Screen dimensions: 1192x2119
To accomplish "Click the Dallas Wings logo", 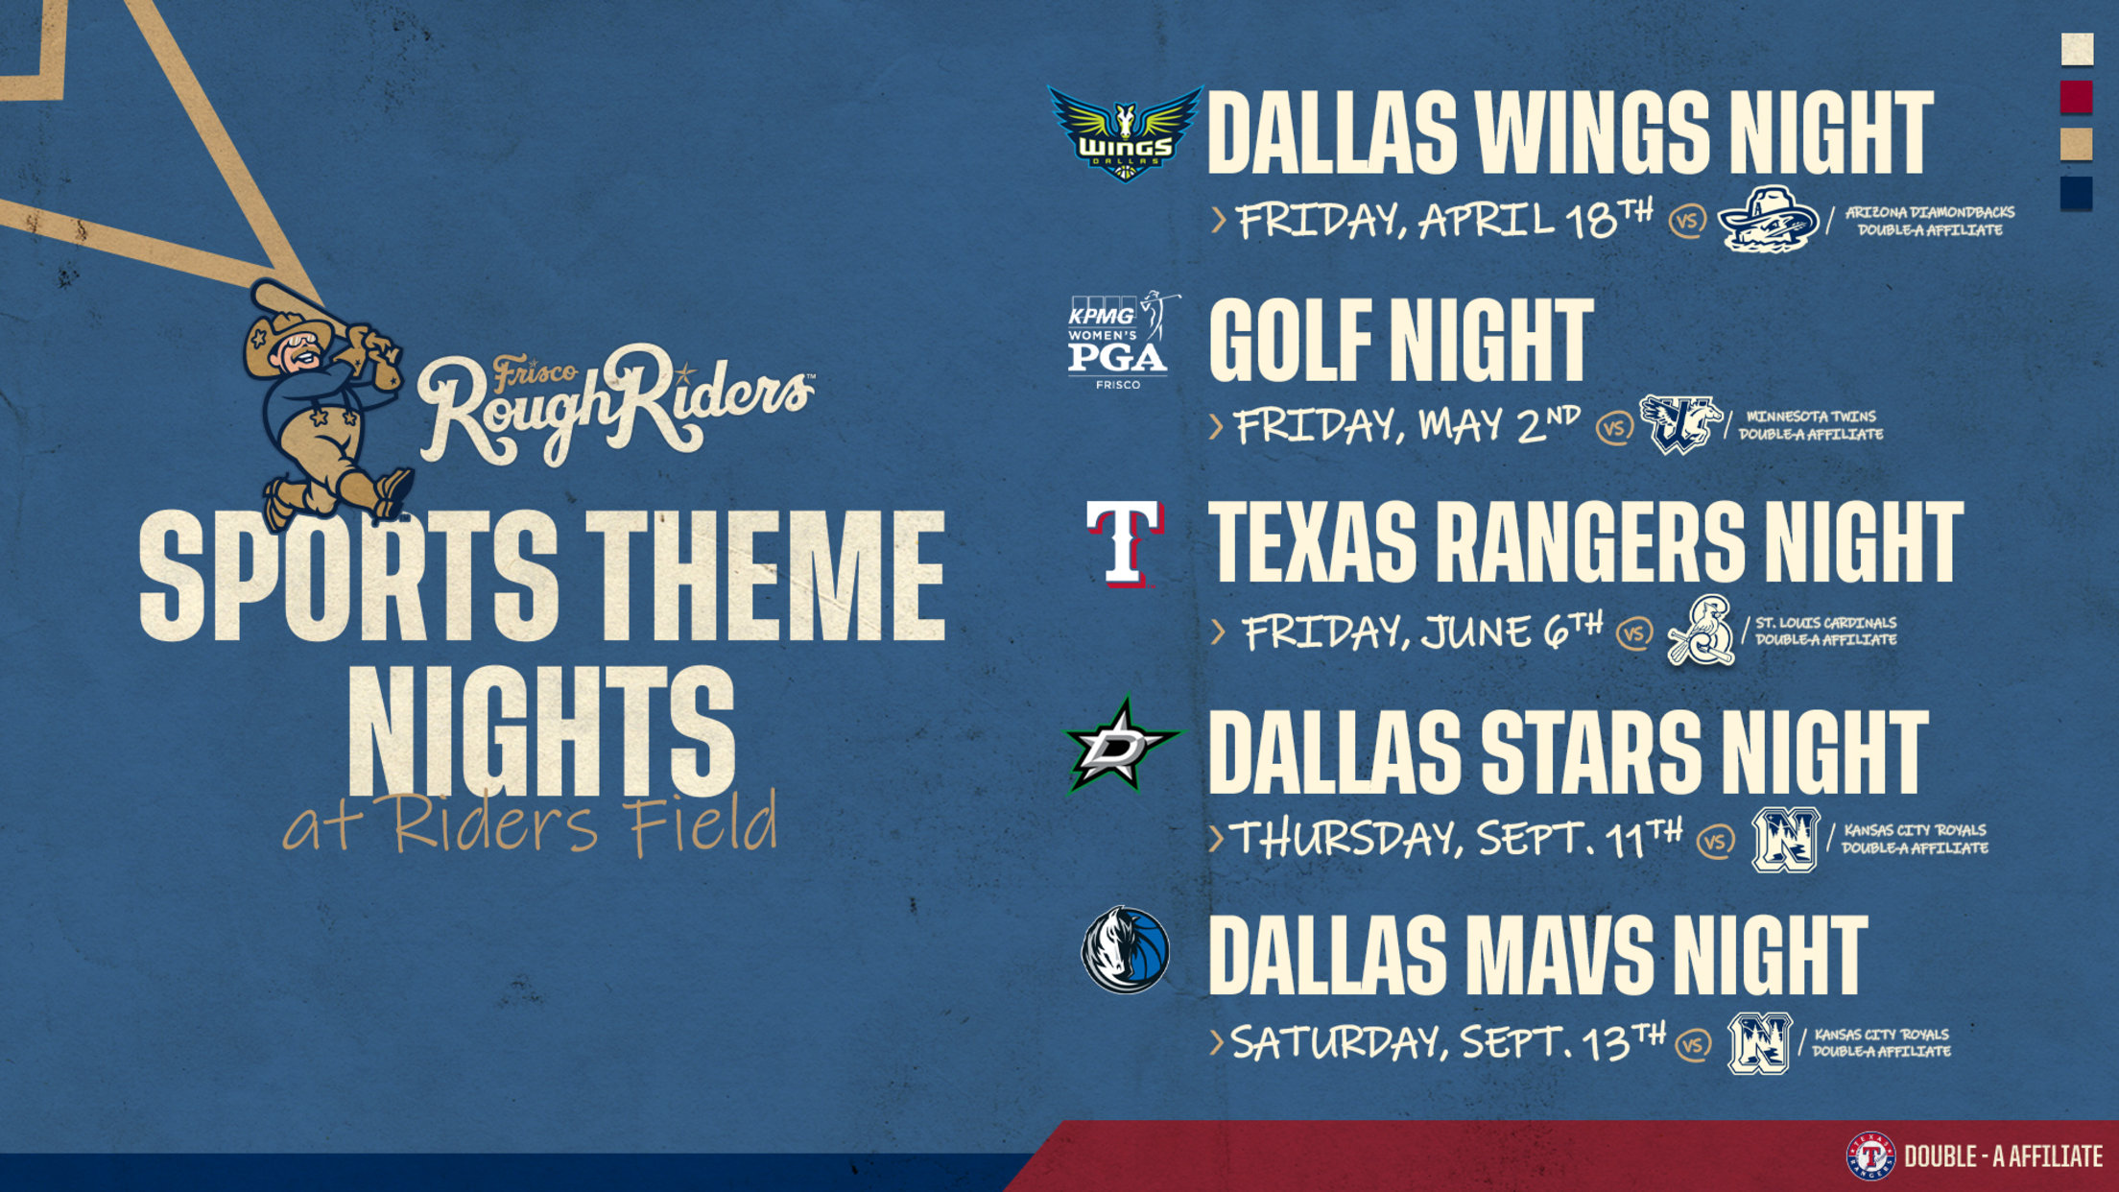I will point(1124,133).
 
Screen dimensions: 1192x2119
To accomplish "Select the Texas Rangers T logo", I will point(1124,543).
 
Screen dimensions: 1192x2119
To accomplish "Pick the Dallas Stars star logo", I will point(1123,747).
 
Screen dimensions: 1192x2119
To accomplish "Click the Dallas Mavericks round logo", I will point(1125,950).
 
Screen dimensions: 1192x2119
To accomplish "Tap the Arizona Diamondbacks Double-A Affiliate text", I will point(1929,221).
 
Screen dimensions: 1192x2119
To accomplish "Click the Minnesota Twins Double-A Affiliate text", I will point(1810,425).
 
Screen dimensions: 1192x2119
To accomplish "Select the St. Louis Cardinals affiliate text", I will point(1825,631).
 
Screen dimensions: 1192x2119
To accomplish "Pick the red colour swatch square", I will point(2077,97).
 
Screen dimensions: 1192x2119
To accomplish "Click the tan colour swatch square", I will point(2077,145).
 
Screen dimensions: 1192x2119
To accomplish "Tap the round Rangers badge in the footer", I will point(1870,1156).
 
